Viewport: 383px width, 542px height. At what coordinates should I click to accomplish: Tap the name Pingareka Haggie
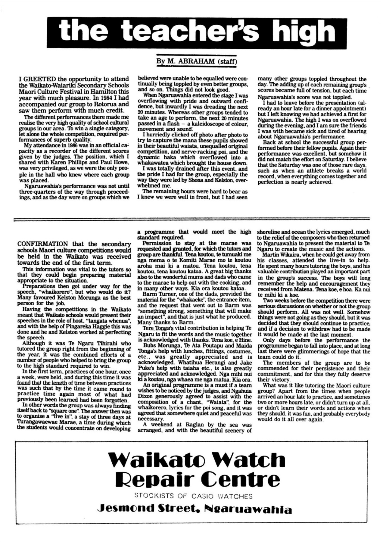pos(87,327)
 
